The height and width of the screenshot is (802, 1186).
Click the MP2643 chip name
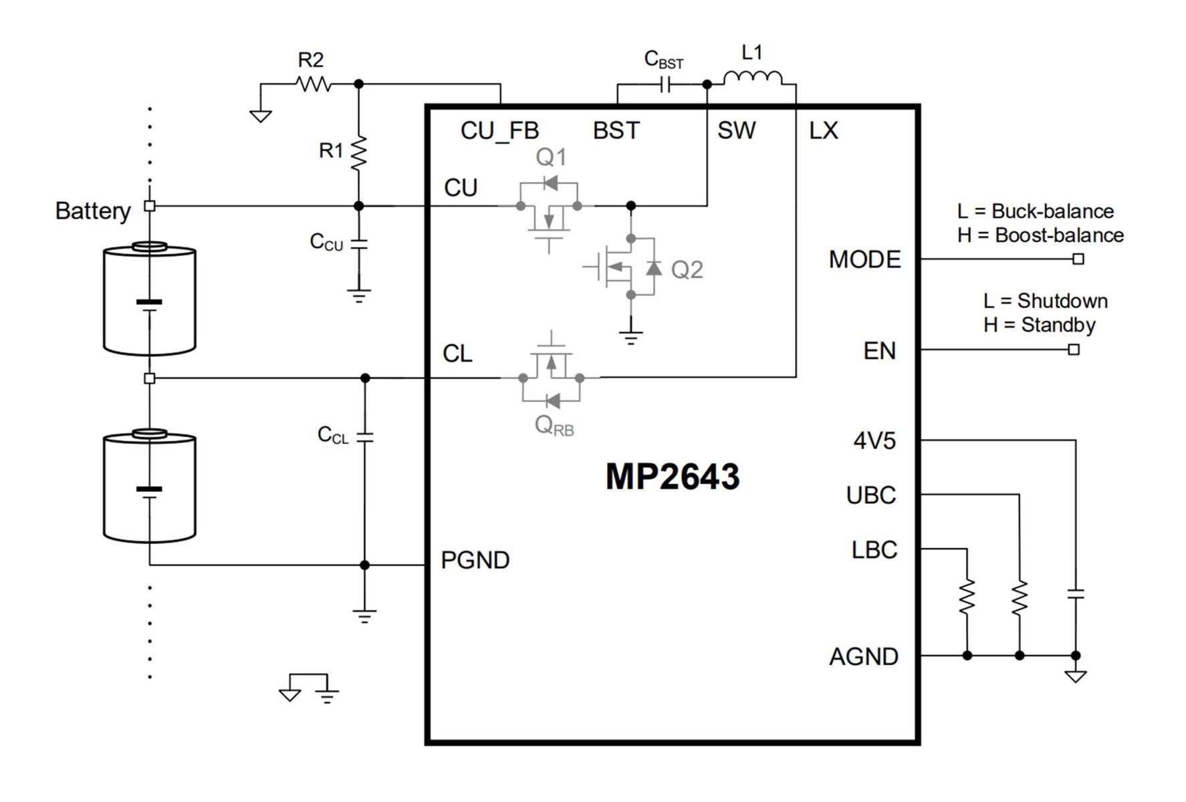pyautogui.click(x=673, y=477)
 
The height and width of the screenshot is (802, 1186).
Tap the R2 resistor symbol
pyautogui.click(x=313, y=84)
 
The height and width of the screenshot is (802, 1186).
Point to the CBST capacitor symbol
pyautogui.click(x=665, y=85)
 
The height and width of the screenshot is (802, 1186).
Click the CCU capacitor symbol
pyautogui.click(x=359, y=243)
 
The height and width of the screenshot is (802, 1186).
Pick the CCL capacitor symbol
pyautogui.click(x=365, y=436)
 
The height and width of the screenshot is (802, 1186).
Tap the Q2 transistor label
pyautogui.click(x=687, y=270)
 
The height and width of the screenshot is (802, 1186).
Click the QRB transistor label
pyautogui.click(x=554, y=425)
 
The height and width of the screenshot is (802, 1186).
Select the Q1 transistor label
pyautogui.click(x=551, y=157)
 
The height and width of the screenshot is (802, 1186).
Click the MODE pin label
pyautogui.click(x=864, y=259)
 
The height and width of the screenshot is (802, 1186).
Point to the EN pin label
pyautogui.click(x=879, y=351)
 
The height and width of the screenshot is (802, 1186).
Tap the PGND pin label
pyautogui.click(x=475, y=560)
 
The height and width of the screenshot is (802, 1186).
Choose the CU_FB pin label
pyautogui.click(x=499, y=131)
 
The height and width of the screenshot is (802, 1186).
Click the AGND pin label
pyautogui.click(x=864, y=657)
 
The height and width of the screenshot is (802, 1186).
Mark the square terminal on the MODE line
pyautogui.click(x=1078, y=259)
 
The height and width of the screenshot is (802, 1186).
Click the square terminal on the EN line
pyautogui.click(x=1074, y=350)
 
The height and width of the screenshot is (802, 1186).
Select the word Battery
pyautogui.click(x=93, y=211)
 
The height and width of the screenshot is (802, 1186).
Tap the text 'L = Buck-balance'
pyautogui.click(x=1036, y=211)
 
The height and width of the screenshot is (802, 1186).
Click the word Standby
pyautogui.click(x=1058, y=325)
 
